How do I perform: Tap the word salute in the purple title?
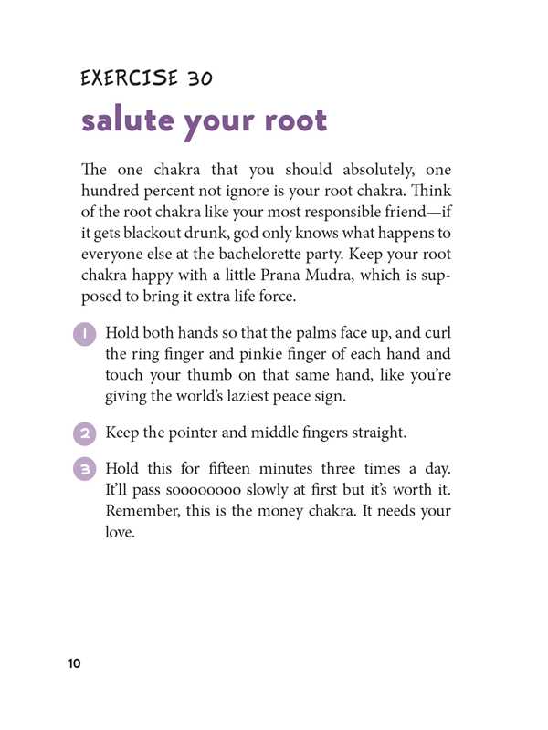pos(128,120)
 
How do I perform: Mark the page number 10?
pos(74,663)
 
